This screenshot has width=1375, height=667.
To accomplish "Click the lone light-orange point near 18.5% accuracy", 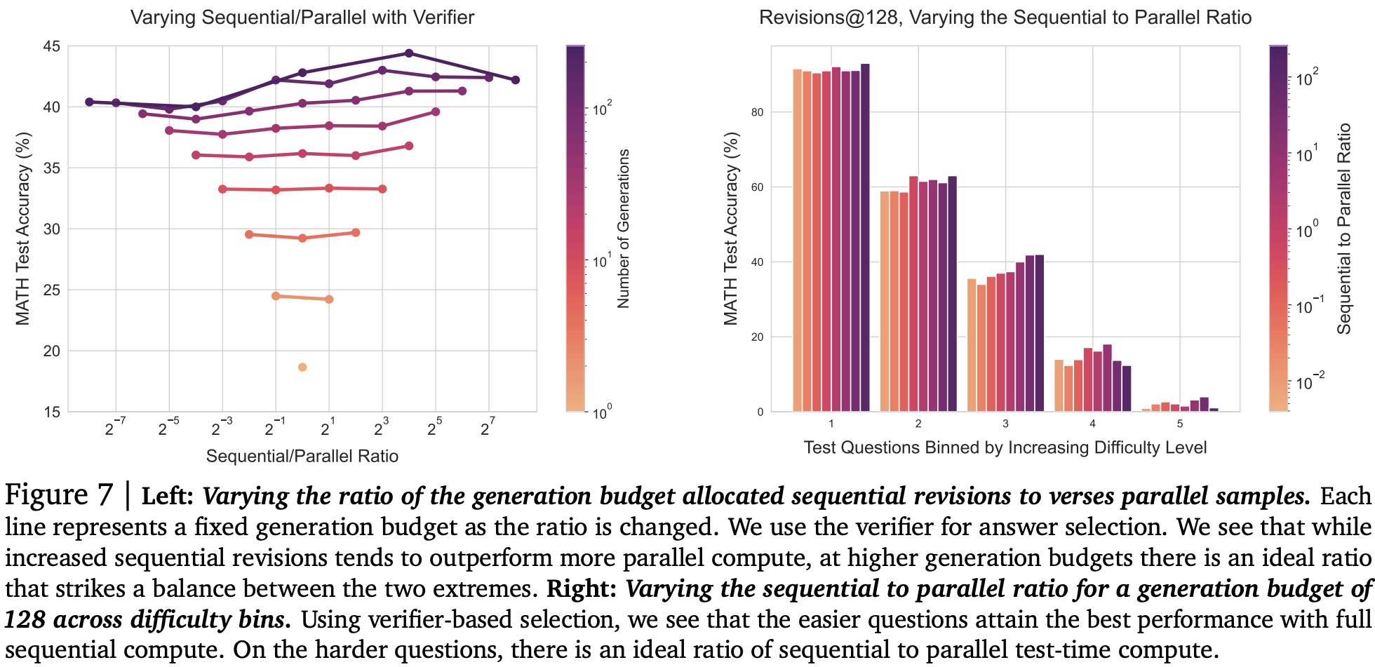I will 302,368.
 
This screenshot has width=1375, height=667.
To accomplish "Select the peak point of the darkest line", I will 409,53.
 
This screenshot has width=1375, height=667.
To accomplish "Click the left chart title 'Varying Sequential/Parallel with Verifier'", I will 302,18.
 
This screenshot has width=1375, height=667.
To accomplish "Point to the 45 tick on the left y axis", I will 52,46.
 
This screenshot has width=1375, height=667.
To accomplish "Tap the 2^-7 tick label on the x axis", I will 115,427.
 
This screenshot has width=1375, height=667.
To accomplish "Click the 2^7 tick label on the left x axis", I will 488,427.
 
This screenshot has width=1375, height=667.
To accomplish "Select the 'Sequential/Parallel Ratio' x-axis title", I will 302,457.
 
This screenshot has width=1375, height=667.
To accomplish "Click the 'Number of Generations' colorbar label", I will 624,229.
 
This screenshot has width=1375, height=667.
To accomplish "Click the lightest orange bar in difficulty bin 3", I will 972,344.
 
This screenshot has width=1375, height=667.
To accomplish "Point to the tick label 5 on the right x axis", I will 1180,424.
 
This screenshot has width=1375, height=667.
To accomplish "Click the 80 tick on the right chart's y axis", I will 757,112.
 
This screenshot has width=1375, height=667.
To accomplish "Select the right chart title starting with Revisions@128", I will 1005,18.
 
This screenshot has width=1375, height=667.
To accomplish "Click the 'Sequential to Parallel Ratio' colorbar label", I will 1343,229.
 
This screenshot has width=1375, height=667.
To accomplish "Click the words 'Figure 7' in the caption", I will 58,495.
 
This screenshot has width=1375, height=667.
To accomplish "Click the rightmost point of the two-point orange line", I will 329,299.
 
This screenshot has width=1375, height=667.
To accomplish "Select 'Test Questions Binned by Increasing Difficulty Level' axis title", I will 1005,447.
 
